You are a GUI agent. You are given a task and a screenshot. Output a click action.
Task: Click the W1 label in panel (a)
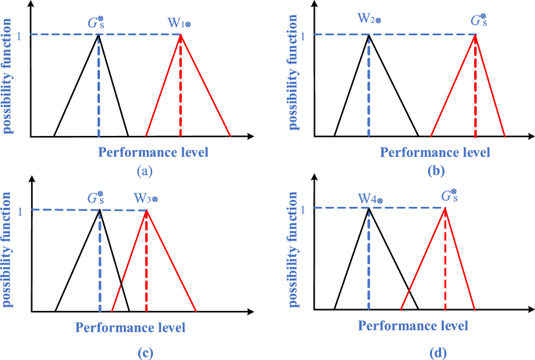pos(180,25)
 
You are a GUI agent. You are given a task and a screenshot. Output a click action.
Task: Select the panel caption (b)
pos(437,169)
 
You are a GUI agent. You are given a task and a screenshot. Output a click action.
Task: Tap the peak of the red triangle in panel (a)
pos(180,36)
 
